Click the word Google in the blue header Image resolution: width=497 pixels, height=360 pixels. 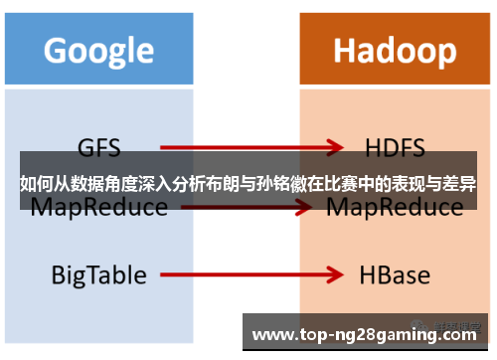pyautogui.click(x=98, y=50)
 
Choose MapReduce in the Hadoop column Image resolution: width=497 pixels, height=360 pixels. pyautogui.click(x=395, y=207)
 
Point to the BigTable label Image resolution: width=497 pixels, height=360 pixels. pyautogui.click(x=98, y=273)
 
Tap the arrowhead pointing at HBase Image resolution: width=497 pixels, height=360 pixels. pyautogui.click(x=334, y=274)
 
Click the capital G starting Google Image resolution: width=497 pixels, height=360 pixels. pyautogui.click(x=56, y=50)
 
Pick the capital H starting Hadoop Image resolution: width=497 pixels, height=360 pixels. pyautogui.click(x=344, y=50)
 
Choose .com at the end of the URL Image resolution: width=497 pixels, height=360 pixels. pyautogui.click(x=459, y=332)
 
